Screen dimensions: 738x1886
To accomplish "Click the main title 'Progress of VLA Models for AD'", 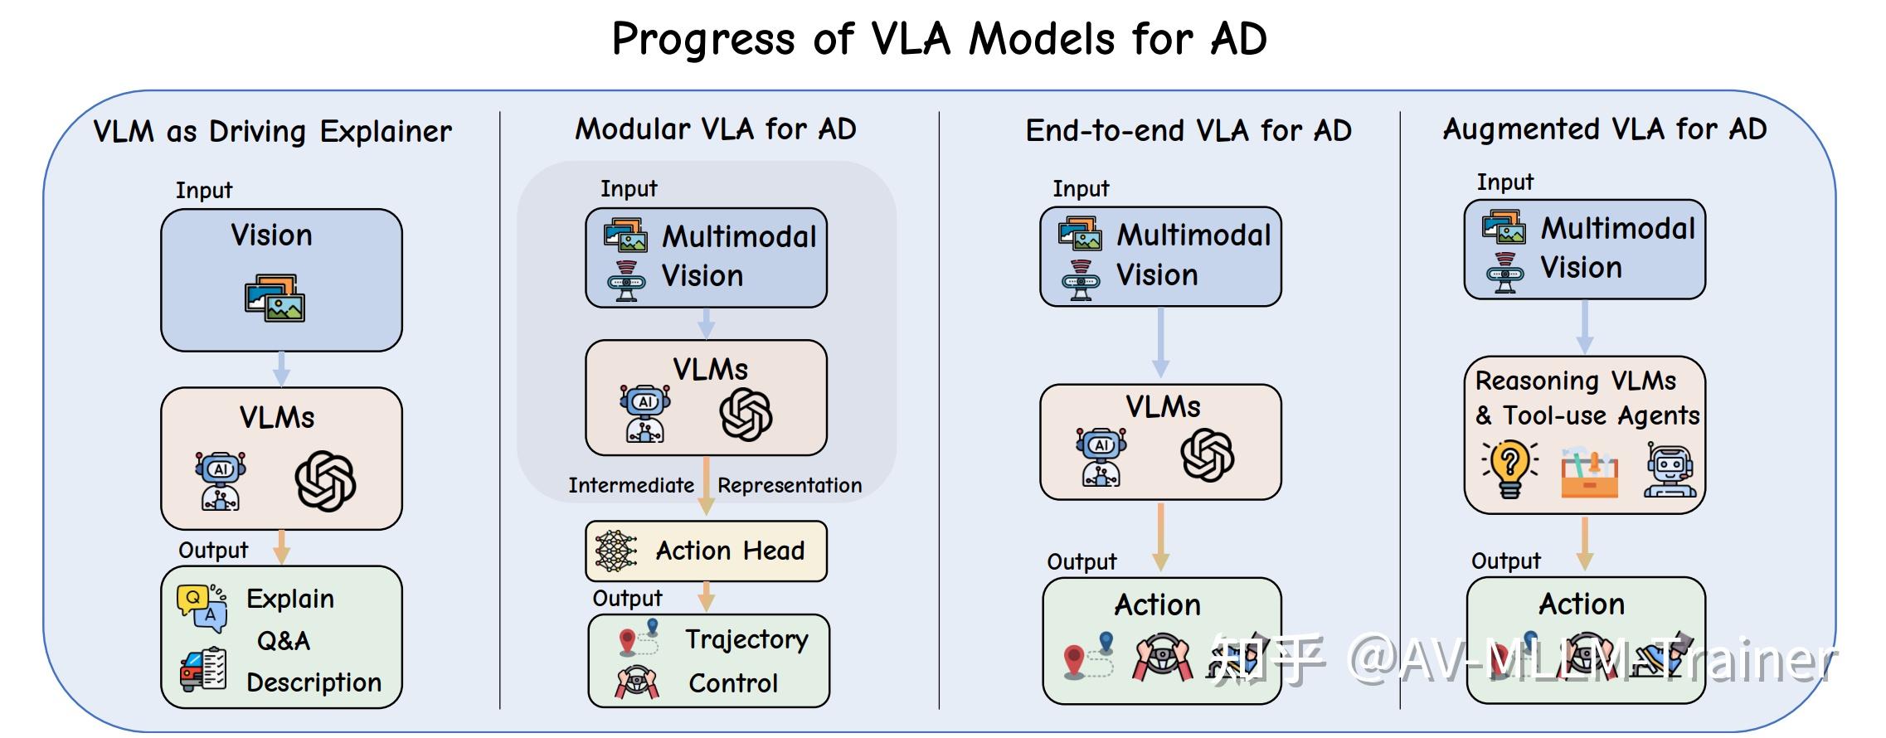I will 939,38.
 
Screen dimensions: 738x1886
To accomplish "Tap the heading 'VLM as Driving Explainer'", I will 272,131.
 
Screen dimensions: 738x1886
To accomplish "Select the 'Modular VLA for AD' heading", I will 715,129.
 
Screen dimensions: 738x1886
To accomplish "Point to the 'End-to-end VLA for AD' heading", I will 1188,130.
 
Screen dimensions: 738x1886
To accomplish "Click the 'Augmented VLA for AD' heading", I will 1604,129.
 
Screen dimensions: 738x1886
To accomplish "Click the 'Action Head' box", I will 707,551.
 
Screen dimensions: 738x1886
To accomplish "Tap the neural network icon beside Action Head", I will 615,551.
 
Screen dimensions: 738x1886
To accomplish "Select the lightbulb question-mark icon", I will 1510,469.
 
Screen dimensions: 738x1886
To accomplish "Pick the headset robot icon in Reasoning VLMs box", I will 1670,470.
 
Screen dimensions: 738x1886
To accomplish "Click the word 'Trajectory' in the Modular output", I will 746,639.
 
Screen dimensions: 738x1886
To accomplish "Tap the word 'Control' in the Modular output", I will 733,683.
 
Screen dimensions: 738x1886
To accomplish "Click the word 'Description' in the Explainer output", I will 314,682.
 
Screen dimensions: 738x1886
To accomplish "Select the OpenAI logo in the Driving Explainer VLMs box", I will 325,481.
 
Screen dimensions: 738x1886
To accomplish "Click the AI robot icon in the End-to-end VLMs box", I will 1101,456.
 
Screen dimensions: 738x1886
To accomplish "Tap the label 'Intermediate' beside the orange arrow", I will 630,485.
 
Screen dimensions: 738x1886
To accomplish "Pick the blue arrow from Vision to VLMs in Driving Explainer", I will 281,368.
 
